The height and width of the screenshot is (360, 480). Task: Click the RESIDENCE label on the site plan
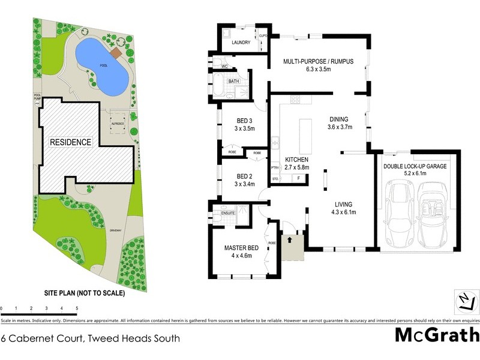coord(70,142)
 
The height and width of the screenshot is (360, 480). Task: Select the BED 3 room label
coord(244,120)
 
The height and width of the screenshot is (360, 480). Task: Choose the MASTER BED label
coord(241,248)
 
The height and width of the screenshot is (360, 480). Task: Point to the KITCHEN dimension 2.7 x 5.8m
coord(296,167)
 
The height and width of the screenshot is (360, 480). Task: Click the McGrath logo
coord(436,335)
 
